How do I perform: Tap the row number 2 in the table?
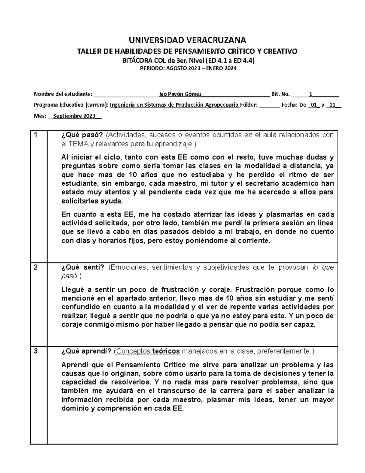(x=36, y=268)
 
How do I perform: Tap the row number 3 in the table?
(x=36, y=351)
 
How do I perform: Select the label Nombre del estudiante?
(x=63, y=94)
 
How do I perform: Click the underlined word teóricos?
(x=166, y=351)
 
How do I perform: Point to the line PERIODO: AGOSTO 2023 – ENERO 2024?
(x=188, y=69)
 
